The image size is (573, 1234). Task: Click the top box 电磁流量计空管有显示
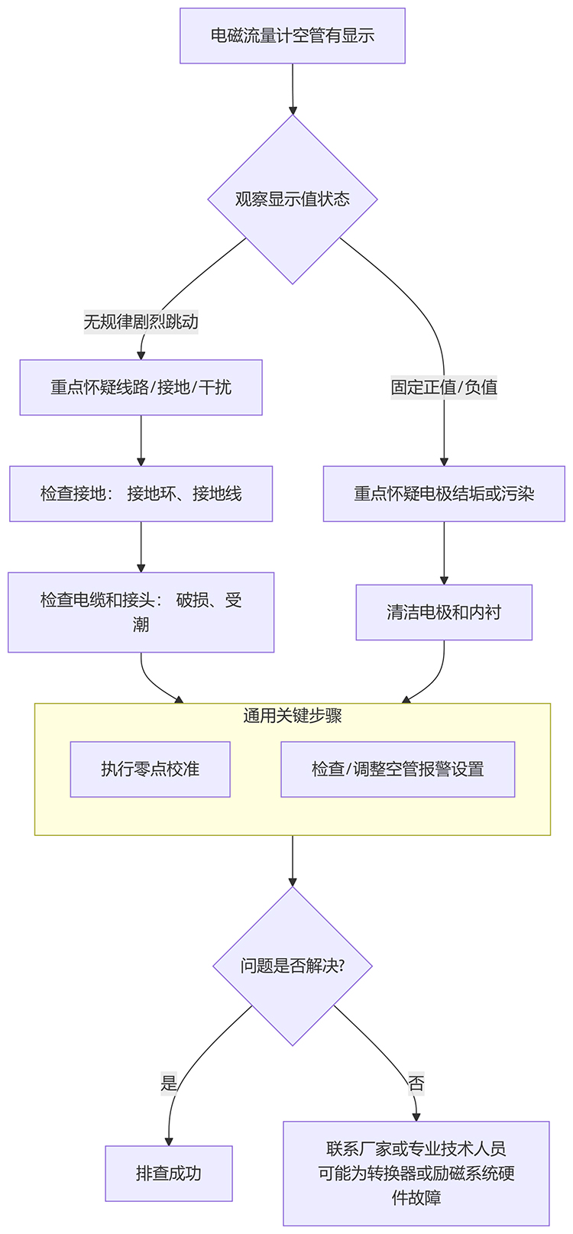(292, 36)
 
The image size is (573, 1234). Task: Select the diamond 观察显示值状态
(292, 199)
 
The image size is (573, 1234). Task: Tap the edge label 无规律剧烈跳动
(141, 322)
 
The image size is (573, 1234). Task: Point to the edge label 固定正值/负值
(444, 387)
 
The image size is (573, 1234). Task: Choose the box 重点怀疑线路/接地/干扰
(141, 387)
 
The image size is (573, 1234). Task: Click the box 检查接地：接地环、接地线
(141, 494)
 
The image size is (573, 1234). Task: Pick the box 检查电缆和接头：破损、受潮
(141, 612)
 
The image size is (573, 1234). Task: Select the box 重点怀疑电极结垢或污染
(444, 494)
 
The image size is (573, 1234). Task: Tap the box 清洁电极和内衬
(444, 612)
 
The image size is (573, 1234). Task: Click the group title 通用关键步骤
(292, 716)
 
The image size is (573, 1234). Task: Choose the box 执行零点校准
(150, 769)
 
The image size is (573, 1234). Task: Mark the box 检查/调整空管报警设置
(397, 769)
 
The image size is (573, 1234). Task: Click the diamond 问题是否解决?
(292, 966)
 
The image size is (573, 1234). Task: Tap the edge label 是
(169, 1083)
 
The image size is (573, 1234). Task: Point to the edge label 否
(416, 1083)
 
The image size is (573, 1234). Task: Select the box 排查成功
(169, 1174)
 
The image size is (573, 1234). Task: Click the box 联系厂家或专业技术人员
(416, 1173)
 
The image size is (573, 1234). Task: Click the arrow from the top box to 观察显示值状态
(293, 89)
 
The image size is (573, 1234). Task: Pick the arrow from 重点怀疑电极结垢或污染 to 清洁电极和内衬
(444, 553)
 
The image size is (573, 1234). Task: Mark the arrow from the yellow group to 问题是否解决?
(293, 860)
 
